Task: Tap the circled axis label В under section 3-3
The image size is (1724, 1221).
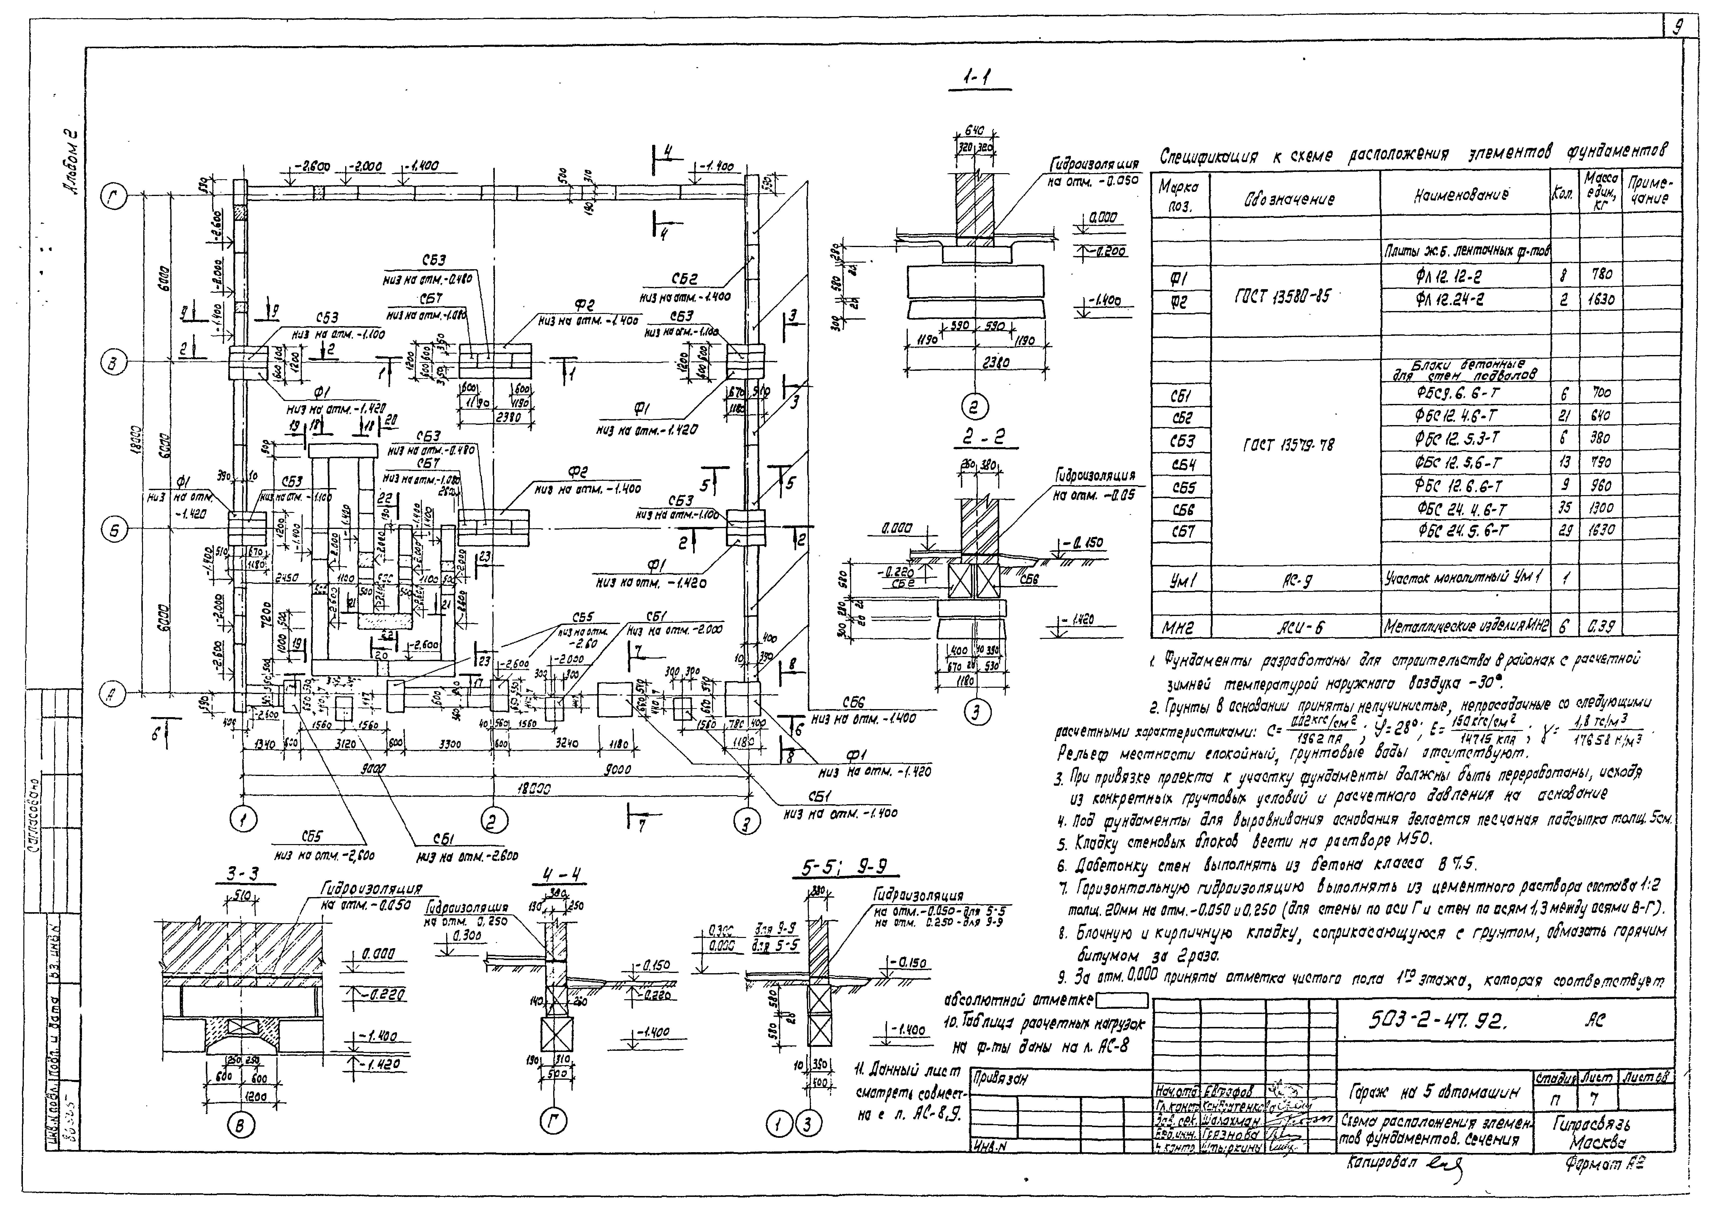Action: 242,1125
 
